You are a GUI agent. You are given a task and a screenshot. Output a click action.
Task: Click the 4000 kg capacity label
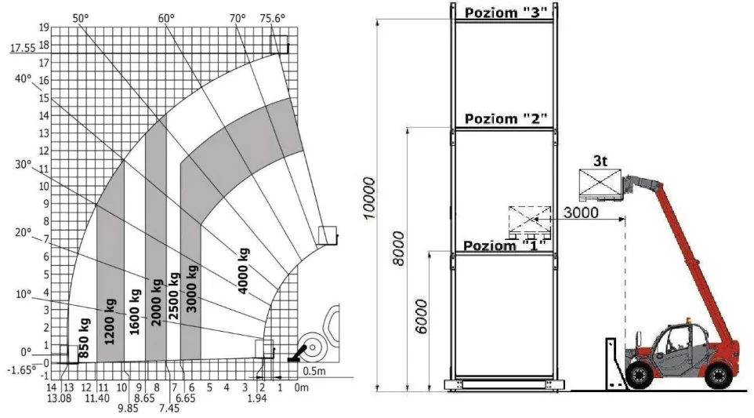(x=243, y=271)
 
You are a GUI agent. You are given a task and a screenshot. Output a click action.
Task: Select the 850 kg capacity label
(x=84, y=338)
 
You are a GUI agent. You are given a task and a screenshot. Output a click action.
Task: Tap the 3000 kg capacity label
(x=192, y=289)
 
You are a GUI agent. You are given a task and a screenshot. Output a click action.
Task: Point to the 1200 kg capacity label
(x=110, y=322)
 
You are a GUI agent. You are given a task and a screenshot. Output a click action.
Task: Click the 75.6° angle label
(x=272, y=18)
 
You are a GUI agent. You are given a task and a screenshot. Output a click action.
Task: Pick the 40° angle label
(x=23, y=78)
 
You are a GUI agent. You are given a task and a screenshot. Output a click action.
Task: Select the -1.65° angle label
(x=22, y=370)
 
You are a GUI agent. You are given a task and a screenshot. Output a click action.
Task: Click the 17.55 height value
(x=23, y=48)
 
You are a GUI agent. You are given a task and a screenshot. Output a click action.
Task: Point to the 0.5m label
(x=314, y=371)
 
